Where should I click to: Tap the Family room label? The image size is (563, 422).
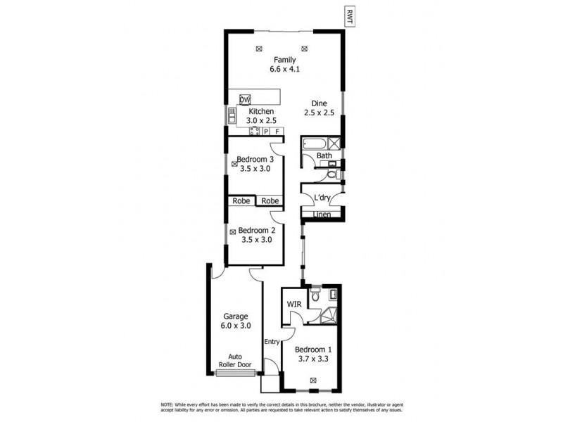(284, 60)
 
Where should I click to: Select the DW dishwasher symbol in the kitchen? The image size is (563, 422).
(245, 100)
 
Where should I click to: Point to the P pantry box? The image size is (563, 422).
(267, 132)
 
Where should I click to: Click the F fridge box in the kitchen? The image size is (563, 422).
(277, 132)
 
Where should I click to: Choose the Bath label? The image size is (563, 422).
(324, 155)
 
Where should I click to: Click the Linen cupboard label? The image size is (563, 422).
(322, 214)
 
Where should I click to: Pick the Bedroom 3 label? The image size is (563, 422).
(255, 159)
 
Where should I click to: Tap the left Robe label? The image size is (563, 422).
(240, 201)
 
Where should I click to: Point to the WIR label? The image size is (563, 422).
(293, 303)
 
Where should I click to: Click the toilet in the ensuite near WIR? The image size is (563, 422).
(315, 295)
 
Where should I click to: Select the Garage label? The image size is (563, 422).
(236, 316)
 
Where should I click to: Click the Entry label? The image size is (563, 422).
(272, 342)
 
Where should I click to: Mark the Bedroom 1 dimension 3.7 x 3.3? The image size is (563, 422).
(313, 359)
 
